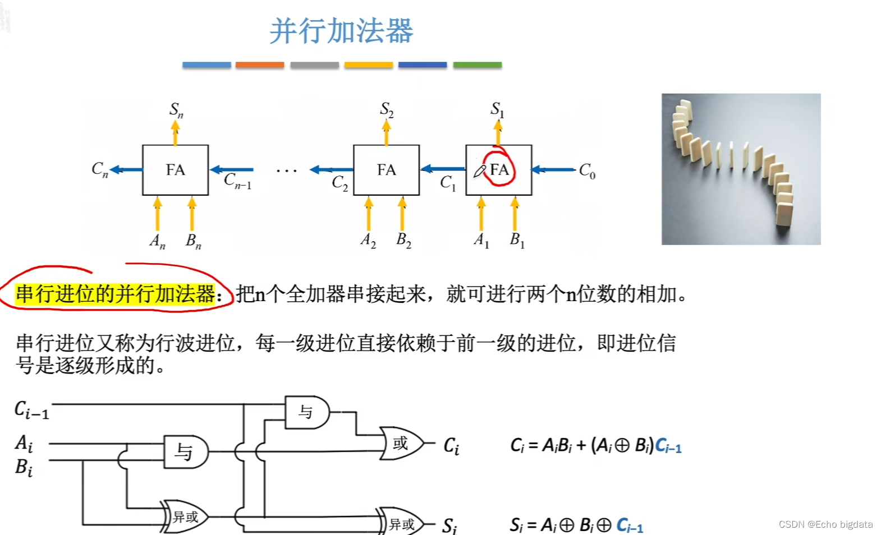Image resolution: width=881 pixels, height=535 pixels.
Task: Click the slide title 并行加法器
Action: point(341,31)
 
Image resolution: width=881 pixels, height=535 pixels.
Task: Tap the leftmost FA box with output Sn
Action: point(175,170)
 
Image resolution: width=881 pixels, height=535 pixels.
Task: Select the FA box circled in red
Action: point(499,170)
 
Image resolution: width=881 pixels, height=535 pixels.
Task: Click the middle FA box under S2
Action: point(386,170)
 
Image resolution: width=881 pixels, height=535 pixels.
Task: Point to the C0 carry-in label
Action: point(587,170)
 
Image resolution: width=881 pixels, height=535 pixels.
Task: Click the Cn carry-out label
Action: point(100,169)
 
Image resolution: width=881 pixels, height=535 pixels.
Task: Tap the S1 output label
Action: point(497,109)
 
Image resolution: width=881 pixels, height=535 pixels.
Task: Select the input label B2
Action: point(403,241)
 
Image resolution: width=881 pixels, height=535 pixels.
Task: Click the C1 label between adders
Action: point(448,183)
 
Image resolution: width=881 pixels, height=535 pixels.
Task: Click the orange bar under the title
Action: point(260,65)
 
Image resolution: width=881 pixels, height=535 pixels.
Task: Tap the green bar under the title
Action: point(477,65)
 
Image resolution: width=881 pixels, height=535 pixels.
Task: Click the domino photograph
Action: point(741,169)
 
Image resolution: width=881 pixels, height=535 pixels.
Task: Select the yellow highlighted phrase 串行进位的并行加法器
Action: point(115,293)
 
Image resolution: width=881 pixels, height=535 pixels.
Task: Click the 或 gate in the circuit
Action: point(400,444)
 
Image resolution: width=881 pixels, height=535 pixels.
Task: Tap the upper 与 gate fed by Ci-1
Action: point(306,412)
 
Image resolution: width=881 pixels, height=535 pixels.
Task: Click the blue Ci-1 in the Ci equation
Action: point(668,447)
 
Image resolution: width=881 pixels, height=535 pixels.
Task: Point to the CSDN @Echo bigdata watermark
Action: point(825,524)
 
